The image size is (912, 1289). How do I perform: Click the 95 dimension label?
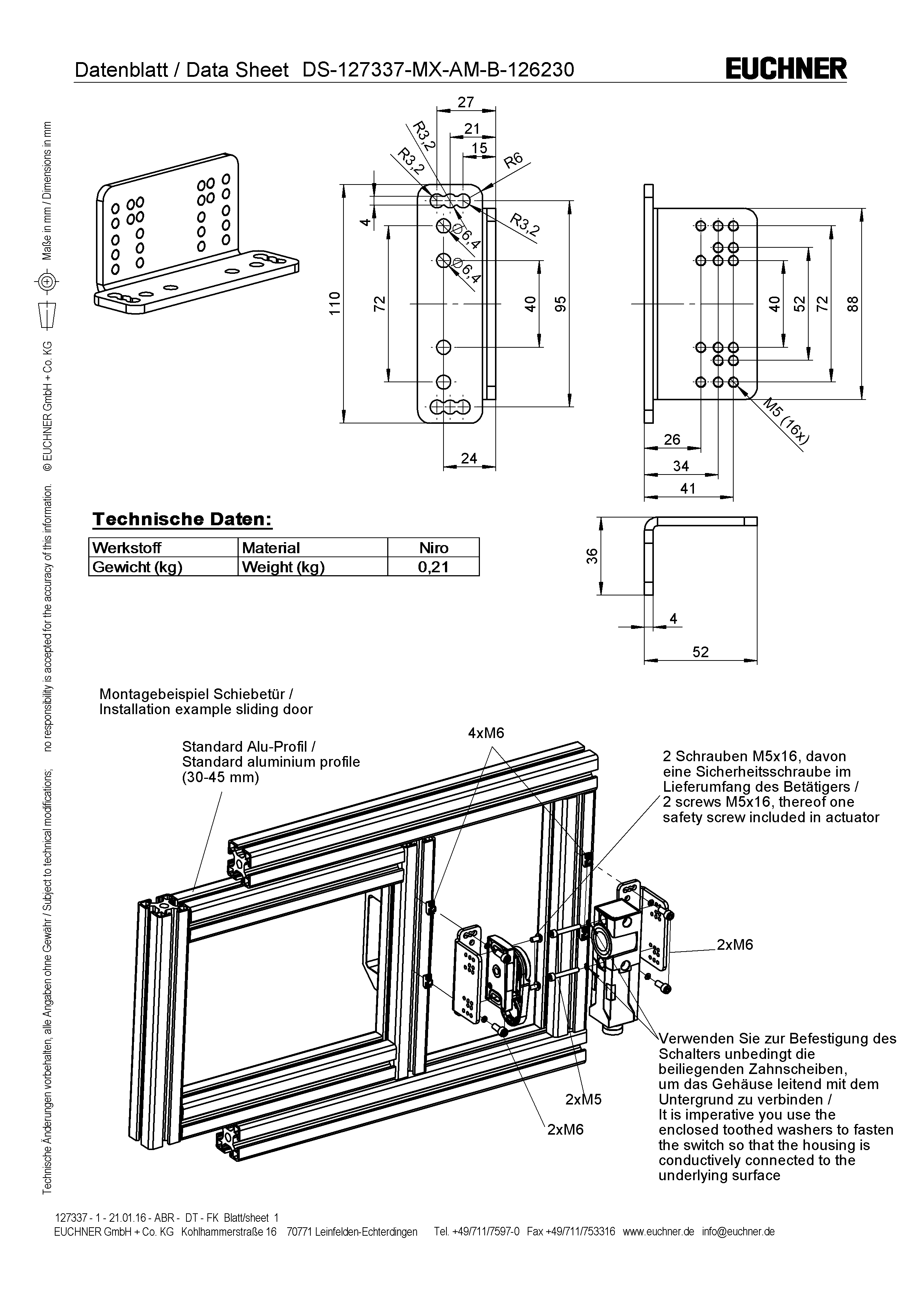pyautogui.click(x=560, y=304)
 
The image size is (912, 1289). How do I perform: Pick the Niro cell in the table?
pyautogui.click(x=434, y=548)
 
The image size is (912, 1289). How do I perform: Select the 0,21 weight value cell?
pyautogui.click(x=434, y=567)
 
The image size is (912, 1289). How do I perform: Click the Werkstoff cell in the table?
pyautogui.click(x=127, y=548)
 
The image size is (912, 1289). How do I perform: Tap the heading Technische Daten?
pyautogui.click(x=182, y=519)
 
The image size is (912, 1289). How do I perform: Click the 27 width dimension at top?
pyautogui.click(x=466, y=102)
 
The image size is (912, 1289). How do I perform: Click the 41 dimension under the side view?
pyautogui.click(x=688, y=488)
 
